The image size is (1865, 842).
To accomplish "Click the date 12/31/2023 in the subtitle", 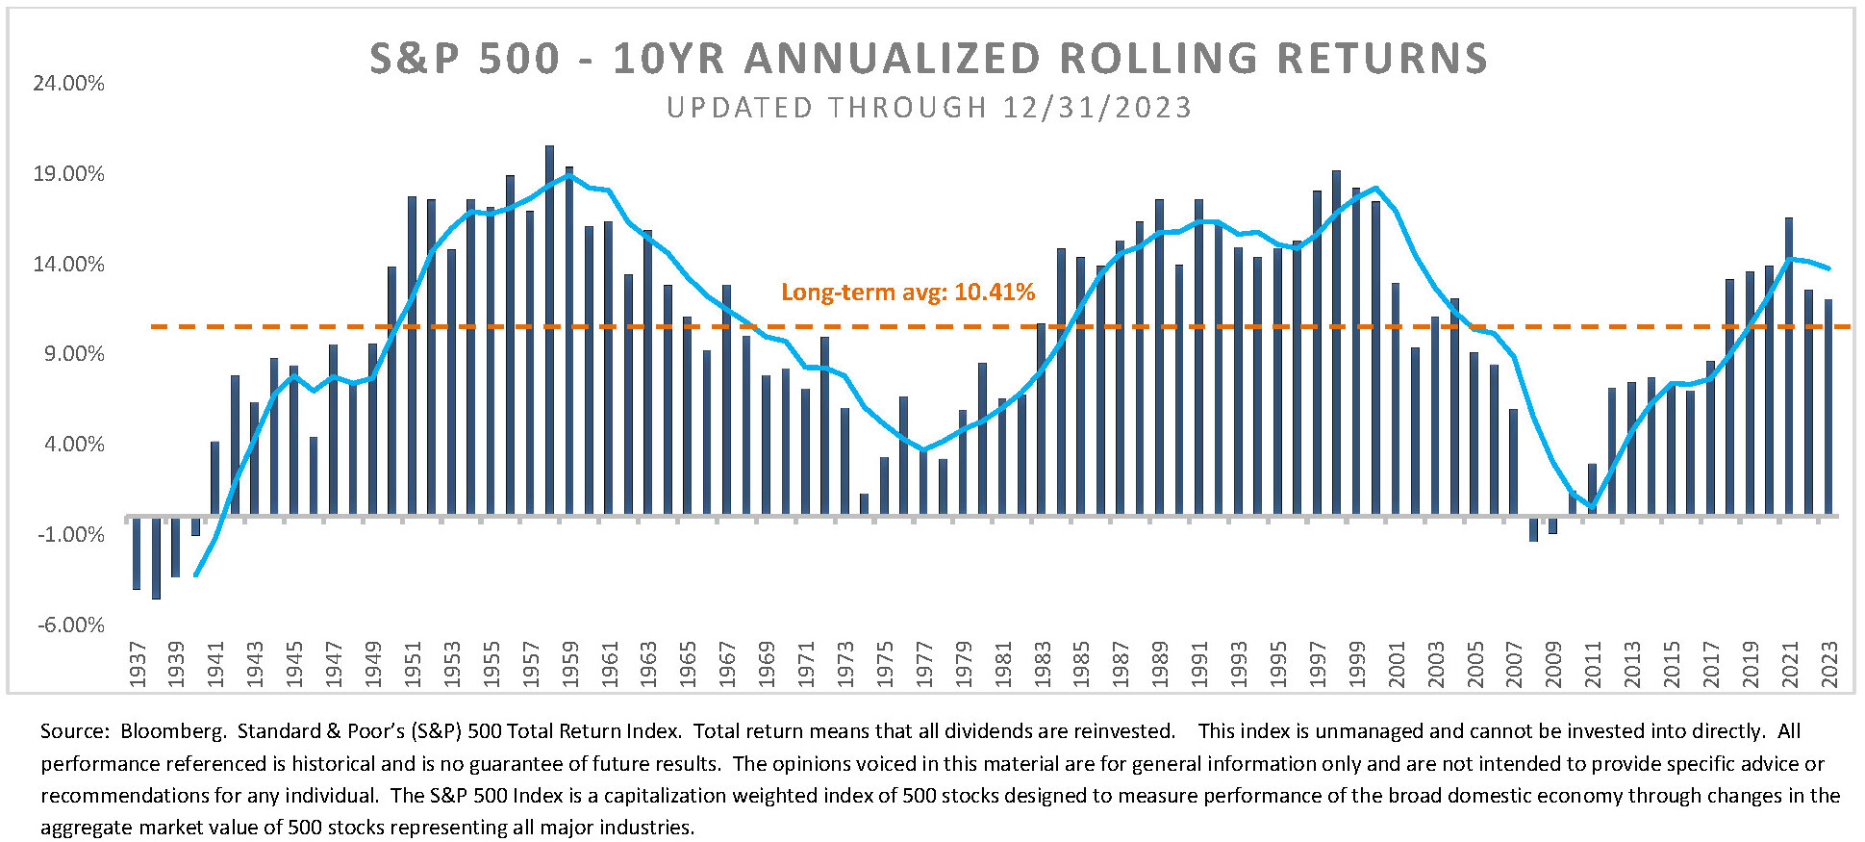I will tap(1096, 108).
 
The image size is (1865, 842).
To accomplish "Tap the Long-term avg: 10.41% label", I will tap(907, 293).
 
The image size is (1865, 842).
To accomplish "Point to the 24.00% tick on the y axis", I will tap(68, 84).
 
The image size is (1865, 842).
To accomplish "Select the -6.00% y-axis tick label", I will tap(70, 625).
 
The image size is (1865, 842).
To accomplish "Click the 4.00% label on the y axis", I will tap(73, 445).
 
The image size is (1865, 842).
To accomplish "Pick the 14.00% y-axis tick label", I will tap(68, 265).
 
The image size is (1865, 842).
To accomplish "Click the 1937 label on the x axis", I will tap(138, 664).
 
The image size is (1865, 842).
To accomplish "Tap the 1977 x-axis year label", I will tap(924, 664).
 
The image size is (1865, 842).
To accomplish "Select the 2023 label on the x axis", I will tap(1829, 664).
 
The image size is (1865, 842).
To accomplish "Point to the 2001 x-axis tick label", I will tap(1397, 664).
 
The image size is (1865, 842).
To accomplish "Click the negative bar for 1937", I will tap(137, 553).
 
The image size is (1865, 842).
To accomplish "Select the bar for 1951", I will tap(413, 356).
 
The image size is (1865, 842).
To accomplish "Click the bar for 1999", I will tap(1356, 352).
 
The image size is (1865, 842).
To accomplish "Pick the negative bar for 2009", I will tap(1553, 525).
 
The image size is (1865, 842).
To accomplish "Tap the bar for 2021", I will tap(1789, 367).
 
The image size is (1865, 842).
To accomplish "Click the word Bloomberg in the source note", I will tap(173, 731).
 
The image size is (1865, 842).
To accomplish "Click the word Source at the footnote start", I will tap(73, 731).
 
